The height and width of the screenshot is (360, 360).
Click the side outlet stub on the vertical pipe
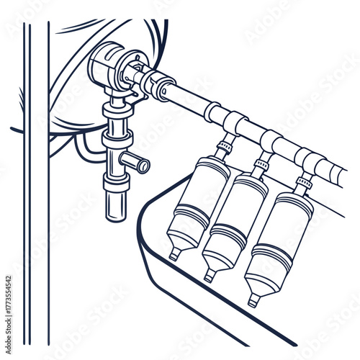[140, 163]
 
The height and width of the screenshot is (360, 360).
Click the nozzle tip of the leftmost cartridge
[174, 253]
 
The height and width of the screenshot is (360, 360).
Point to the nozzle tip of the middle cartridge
[209, 276]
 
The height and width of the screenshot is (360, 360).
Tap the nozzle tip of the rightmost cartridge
[253, 300]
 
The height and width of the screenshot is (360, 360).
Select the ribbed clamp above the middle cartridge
[261, 166]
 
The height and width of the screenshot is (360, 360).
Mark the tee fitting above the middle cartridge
[271, 140]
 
